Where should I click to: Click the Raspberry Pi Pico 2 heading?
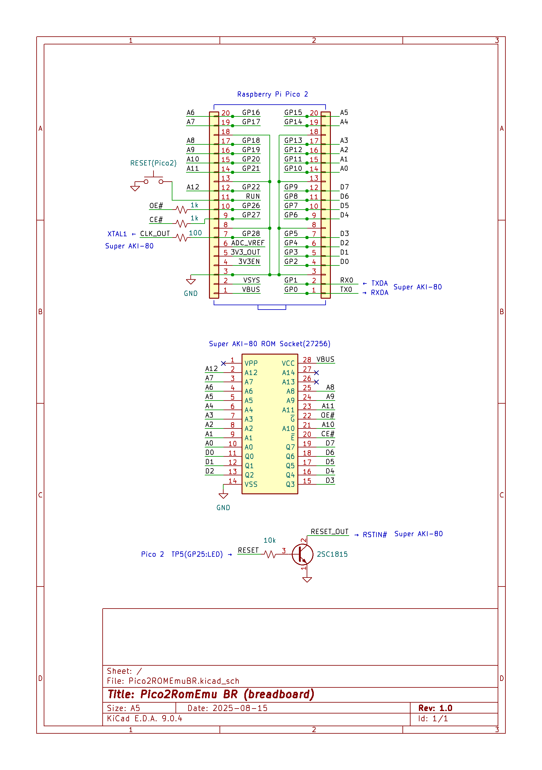click(272, 94)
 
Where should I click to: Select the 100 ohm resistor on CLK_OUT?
click(182, 238)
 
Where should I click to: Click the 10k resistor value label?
click(269, 540)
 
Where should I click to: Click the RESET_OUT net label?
click(329, 532)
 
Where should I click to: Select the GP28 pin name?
click(251, 233)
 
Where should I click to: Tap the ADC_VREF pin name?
click(247, 243)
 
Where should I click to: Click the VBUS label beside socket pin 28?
click(325, 360)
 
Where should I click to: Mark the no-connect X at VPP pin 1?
click(224, 363)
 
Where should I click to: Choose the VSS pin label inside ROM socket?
click(251, 484)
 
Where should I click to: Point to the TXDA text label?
click(379, 283)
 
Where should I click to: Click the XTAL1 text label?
click(117, 234)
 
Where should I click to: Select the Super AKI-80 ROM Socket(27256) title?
click(269, 344)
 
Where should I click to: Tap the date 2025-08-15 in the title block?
click(240, 708)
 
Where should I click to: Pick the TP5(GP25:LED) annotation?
click(197, 554)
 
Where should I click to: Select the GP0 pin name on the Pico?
click(291, 289)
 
